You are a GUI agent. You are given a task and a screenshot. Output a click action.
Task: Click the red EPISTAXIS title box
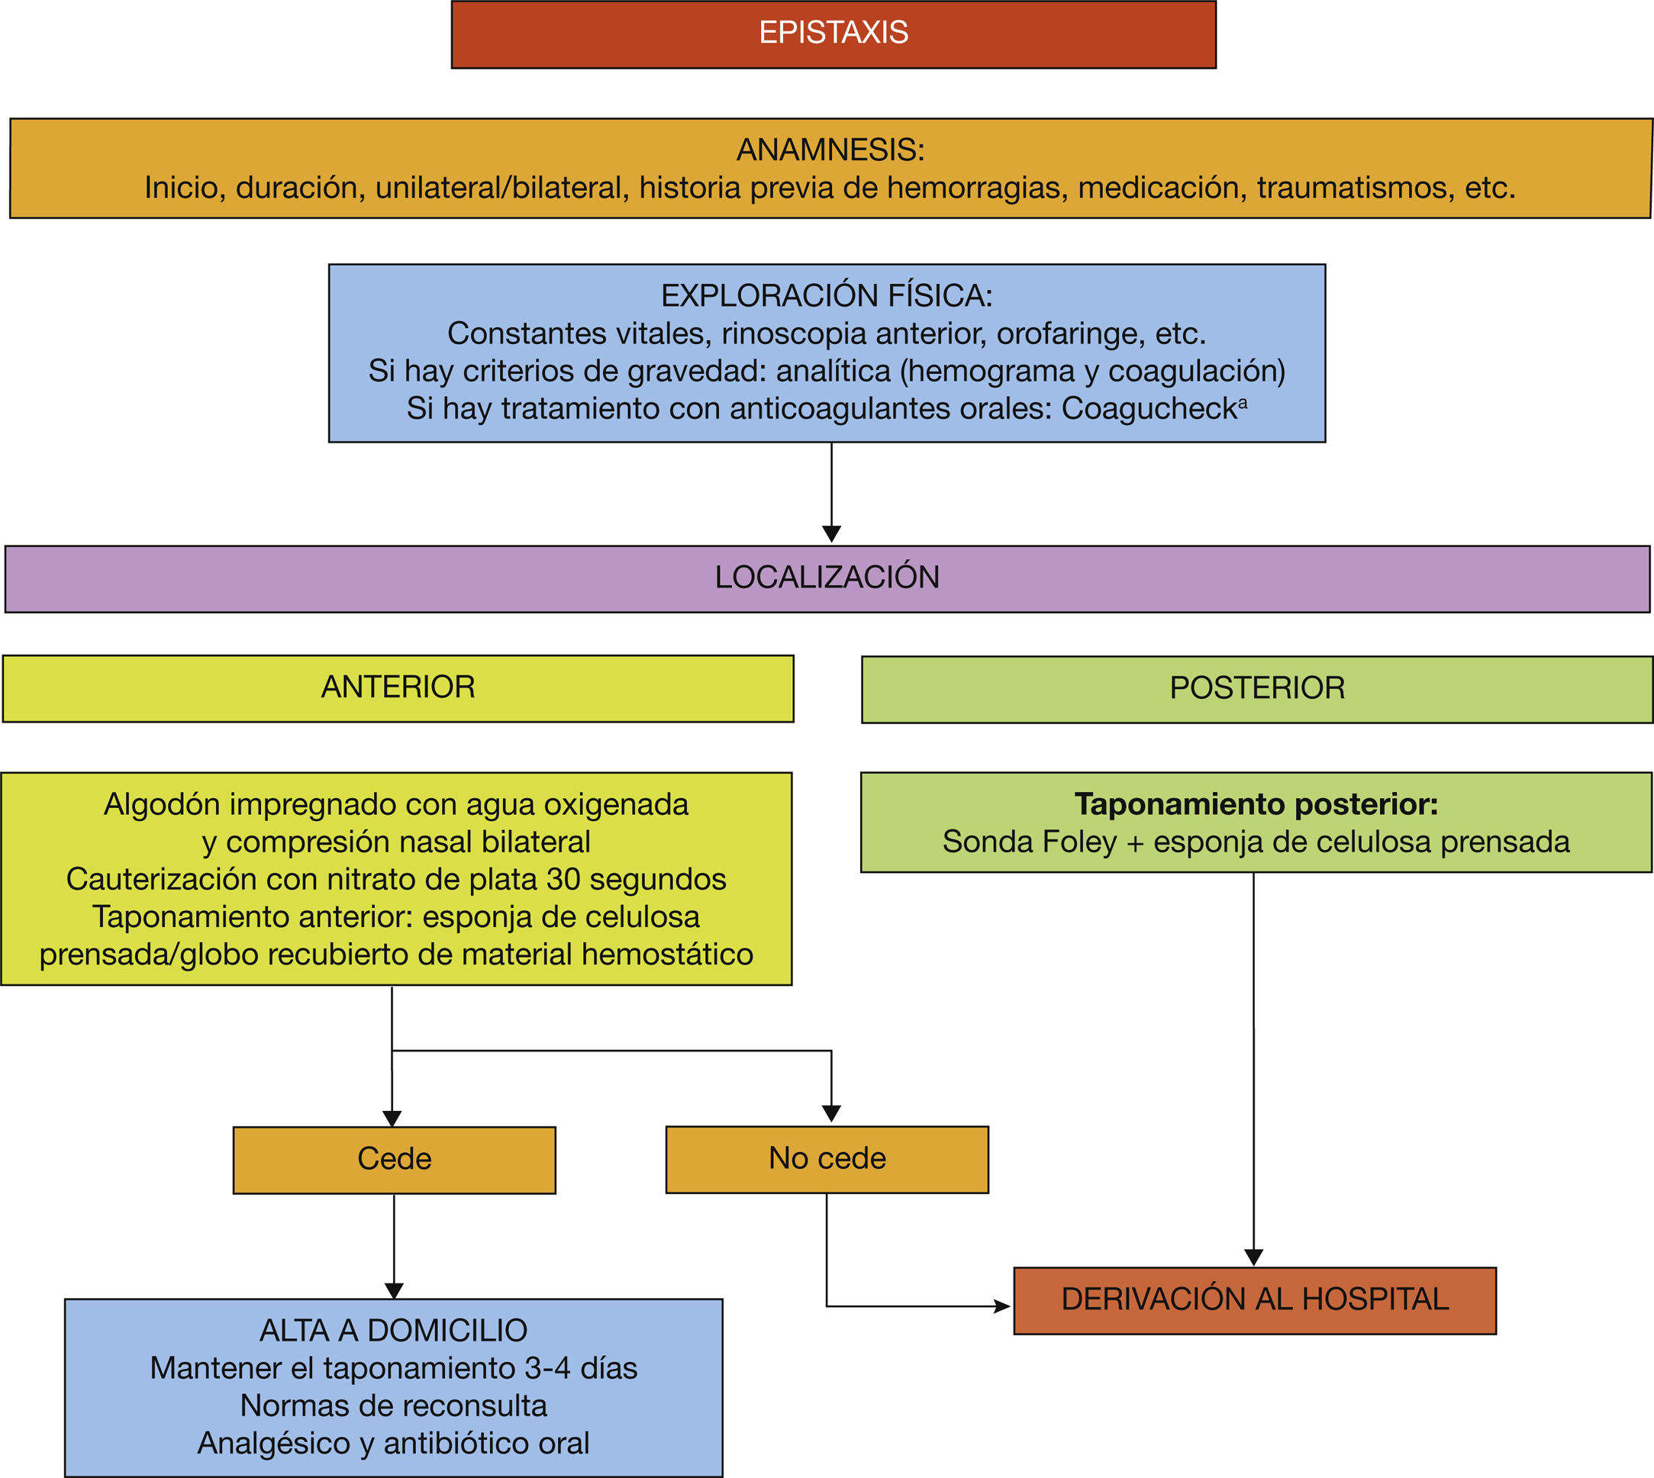pos(833,34)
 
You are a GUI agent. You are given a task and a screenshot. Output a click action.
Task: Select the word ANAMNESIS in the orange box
pos(830,150)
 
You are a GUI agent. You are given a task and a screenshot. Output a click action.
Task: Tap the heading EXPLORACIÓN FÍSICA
pos(826,295)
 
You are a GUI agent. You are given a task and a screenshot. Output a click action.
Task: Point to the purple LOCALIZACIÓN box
pos(827,578)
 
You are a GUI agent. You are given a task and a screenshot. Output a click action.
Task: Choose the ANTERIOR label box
pos(398,687)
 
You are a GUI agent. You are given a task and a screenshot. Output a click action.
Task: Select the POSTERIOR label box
pos(1257,689)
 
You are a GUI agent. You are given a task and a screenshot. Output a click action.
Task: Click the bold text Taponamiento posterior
pos(1256,804)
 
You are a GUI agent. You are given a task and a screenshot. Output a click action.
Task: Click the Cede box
pos(394,1159)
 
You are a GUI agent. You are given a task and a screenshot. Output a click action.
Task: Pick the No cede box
pos(827,1158)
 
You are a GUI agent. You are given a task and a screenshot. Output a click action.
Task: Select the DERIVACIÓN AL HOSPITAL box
pos(1254,1299)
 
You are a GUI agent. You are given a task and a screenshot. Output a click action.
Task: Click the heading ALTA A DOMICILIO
pos(393,1331)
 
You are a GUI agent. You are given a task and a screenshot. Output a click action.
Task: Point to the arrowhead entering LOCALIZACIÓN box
pos(831,534)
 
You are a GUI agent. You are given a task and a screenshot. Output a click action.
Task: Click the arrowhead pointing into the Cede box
pos(392,1119)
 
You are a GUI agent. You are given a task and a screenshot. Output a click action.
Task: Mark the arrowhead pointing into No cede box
pos(831,1113)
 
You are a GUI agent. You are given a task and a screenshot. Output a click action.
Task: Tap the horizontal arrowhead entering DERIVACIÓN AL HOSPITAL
pos(1002,1306)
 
